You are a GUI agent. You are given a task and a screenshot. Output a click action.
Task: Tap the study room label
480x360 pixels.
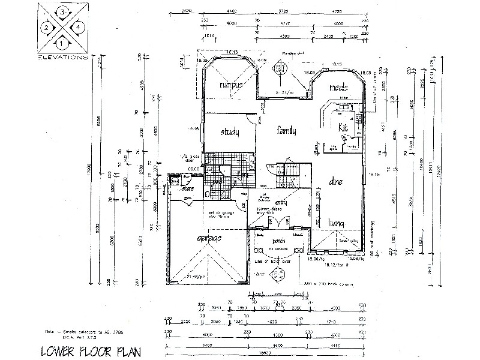(230, 133)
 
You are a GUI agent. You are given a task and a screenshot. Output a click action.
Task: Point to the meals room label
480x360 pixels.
(340, 88)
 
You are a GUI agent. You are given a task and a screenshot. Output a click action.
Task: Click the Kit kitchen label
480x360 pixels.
(343, 128)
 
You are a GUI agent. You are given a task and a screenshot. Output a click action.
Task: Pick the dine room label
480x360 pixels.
(336, 182)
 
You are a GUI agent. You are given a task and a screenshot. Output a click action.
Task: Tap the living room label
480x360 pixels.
(337, 224)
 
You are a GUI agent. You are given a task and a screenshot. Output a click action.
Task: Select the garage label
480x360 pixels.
(208, 239)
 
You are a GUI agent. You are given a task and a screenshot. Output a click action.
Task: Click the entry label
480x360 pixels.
(281, 203)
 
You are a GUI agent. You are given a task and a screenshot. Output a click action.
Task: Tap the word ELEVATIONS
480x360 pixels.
(62, 58)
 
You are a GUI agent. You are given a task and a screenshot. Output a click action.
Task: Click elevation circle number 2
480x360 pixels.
(46, 27)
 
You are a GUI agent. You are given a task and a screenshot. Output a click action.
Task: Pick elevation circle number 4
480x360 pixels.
(78, 27)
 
